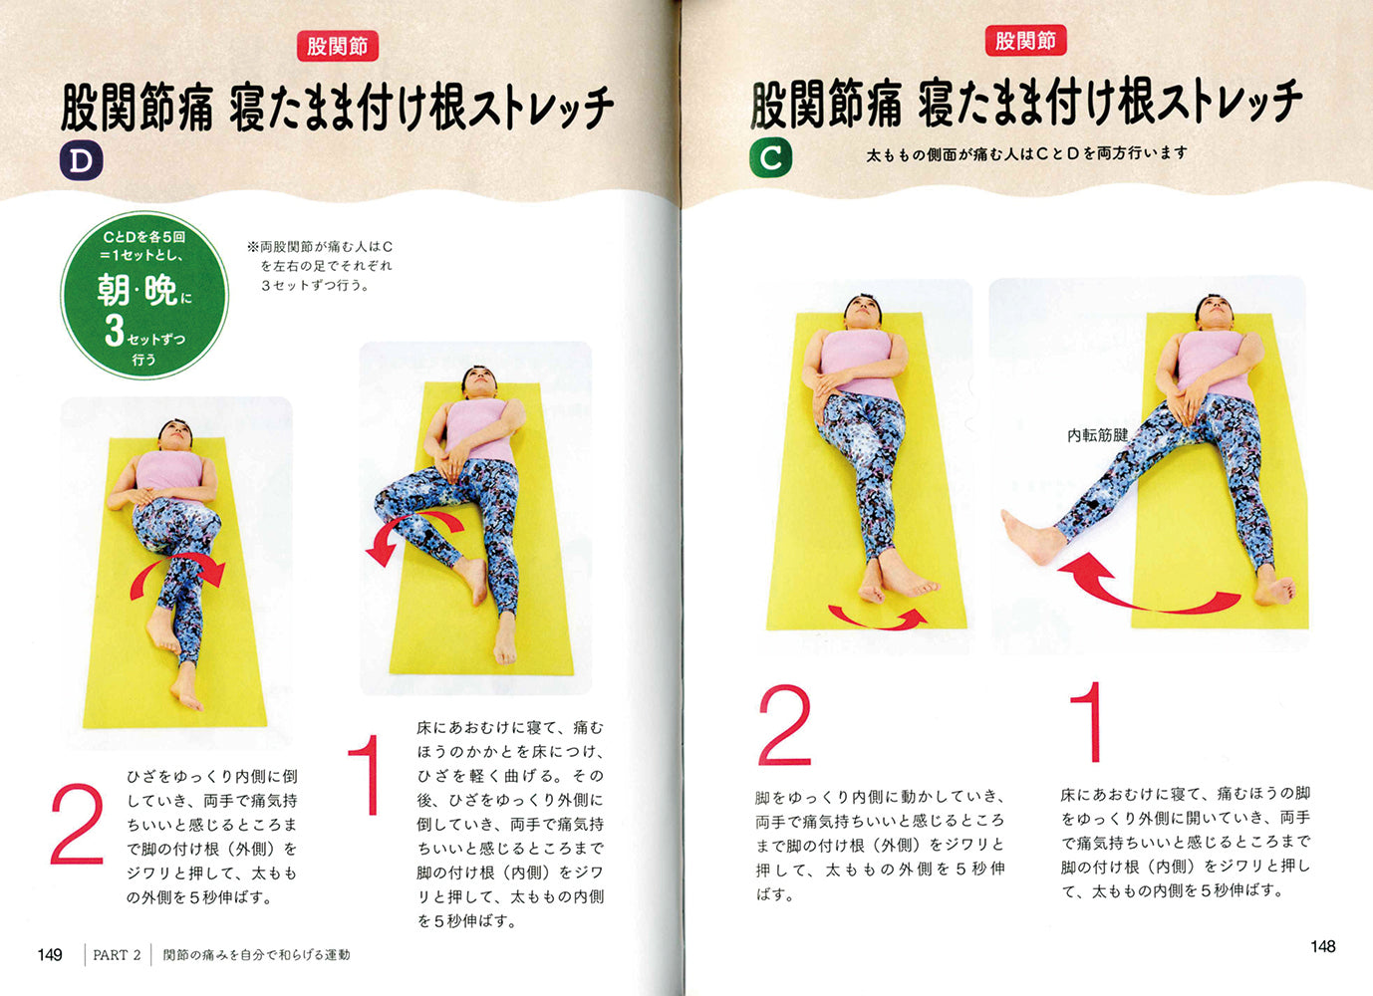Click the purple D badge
coord(81,160)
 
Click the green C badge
coord(770,158)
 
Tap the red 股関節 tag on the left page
coord(337,47)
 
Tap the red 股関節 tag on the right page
coord(1026,41)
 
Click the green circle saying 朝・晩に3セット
coord(144,295)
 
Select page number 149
coord(50,954)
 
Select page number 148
coord(1323,947)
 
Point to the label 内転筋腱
coord(1098,435)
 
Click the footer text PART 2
coord(117,955)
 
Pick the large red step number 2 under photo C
coord(785,725)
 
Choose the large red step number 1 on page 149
coord(366,775)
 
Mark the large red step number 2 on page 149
coord(77,824)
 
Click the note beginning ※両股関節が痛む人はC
coord(320,266)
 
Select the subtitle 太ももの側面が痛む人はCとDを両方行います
coord(1026,153)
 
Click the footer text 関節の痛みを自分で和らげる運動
coord(256,955)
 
